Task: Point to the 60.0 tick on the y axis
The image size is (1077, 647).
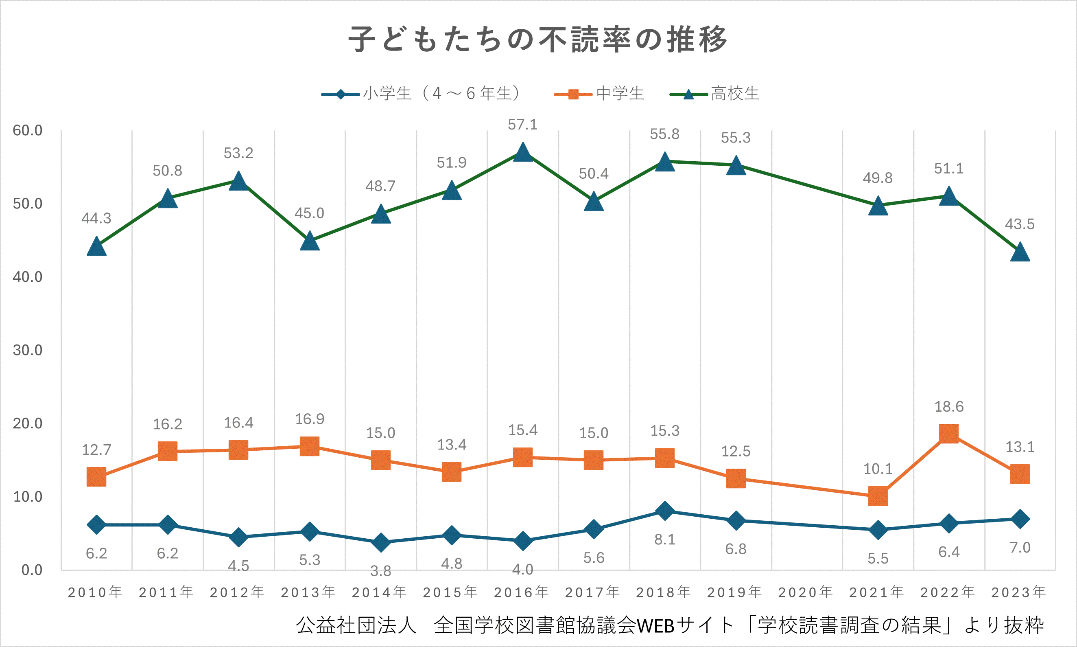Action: pyautogui.click(x=27, y=130)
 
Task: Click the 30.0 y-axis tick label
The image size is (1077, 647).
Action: pyautogui.click(x=27, y=350)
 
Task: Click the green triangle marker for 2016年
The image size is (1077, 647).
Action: pyautogui.click(x=523, y=153)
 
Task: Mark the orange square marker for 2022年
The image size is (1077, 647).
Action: pyautogui.click(x=949, y=433)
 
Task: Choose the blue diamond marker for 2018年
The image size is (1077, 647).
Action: pyautogui.click(x=665, y=511)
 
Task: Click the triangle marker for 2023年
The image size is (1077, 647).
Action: pyautogui.click(x=1020, y=252)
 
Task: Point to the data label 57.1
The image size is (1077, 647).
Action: pyautogui.click(x=523, y=125)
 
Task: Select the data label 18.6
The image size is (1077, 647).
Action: pyautogui.click(x=949, y=407)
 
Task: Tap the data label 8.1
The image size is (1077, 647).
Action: pyautogui.click(x=665, y=540)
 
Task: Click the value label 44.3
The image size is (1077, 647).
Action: pyautogui.click(x=96, y=218)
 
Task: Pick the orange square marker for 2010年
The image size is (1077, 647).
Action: pyautogui.click(x=96, y=476)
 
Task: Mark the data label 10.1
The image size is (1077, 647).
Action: pyautogui.click(x=878, y=469)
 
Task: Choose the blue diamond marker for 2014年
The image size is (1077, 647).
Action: pyautogui.click(x=381, y=542)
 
